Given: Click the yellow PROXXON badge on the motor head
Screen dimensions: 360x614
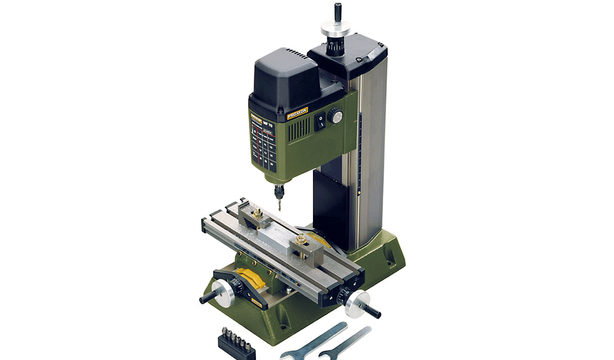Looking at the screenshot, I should tap(297, 113).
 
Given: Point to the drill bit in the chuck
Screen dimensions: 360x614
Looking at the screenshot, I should tap(279, 202).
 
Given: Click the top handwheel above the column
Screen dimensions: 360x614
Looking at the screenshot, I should tap(335, 28).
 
